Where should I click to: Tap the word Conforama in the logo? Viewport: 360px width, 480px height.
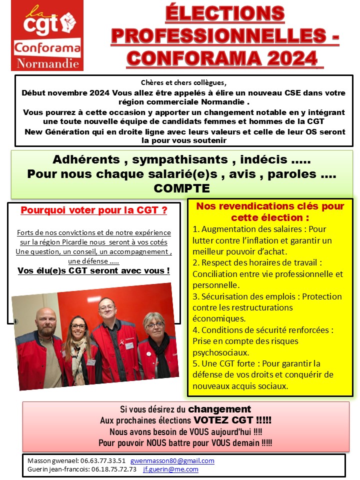[47, 48]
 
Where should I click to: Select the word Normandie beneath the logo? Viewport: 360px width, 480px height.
[47, 63]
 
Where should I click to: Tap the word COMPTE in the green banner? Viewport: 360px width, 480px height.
[181, 188]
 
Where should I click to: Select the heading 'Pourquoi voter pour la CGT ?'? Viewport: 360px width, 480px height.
[93, 210]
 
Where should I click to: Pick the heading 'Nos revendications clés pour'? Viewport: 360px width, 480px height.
[270, 206]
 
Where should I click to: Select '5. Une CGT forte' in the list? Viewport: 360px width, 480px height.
[224, 363]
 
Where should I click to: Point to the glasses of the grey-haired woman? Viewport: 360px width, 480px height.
[154, 325]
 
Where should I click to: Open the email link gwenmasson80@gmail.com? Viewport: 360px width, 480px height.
[172, 460]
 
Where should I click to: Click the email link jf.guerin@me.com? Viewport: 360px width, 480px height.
[170, 469]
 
